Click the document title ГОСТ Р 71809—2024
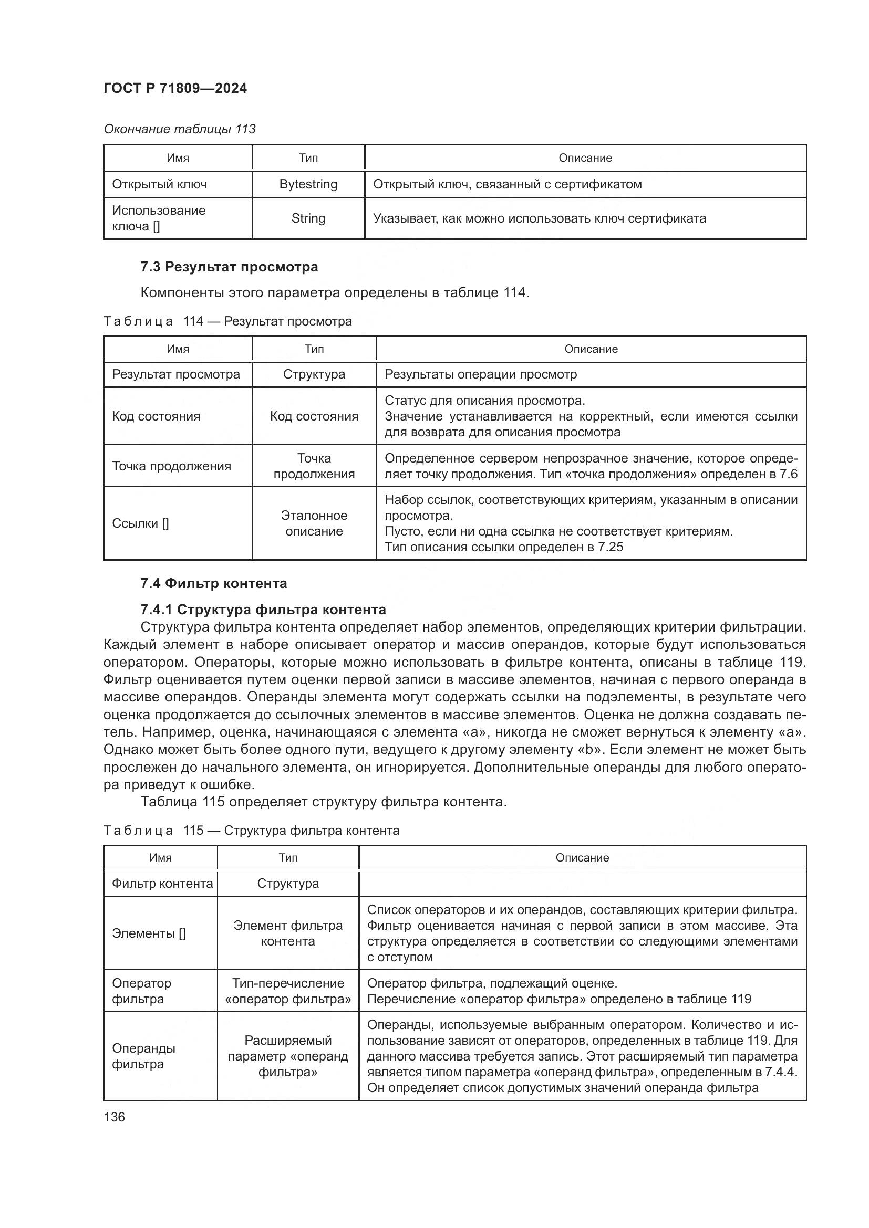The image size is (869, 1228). (x=175, y=88)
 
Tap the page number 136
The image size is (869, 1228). (x=114, y=1117)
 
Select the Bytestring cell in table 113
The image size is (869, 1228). (x=308, y=184)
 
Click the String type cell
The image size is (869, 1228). (x=308, y=218)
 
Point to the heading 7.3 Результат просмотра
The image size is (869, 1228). (x=229, y=266)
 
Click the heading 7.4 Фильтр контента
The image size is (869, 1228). (x=213, y=583)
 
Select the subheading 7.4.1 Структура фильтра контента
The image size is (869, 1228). (x=263, y=609)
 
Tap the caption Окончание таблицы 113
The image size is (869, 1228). (x=179, y=129)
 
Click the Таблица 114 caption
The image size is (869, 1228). (x=227, y=321)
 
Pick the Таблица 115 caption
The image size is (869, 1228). (x=251, y=830)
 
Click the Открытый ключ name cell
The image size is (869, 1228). (x=160, y=184)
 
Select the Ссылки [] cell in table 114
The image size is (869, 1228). (x=140, y=523)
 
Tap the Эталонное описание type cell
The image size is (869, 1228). (x=314, y=523)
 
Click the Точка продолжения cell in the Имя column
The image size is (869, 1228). (x=171, y=466)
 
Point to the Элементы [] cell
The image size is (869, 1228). (x=149, y=933)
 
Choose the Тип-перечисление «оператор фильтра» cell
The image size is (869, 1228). (x=288, y=991)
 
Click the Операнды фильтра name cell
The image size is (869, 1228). (x=143, y=1056)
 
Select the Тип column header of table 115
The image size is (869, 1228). (x=288, y=857)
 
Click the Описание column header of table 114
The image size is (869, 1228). (x=591, y=349)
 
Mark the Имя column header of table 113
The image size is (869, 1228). (x=178, y=158)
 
